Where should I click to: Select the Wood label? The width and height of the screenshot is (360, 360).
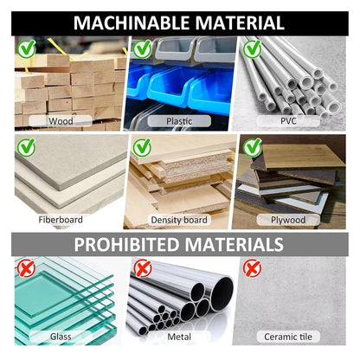click(x=61, y=121)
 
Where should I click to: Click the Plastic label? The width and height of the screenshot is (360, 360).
click(x=179, y=121)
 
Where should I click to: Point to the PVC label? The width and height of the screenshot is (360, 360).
click(x=288, y=121)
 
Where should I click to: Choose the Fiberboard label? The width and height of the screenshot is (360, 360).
click(x=61, y=220)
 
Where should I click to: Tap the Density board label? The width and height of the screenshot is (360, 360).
click(x=179, y=220)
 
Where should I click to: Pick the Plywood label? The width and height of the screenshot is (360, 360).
click(x=288, y=220)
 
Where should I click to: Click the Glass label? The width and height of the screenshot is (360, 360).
click(x=61, y=337)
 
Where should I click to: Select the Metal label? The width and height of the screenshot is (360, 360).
click(x=179, y=337)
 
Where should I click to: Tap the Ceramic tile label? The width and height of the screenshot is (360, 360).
click(x=288, y=337)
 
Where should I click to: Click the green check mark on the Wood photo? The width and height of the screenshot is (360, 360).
click(x=27, y=48)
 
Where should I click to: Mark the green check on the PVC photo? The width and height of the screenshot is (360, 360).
click(x=252, y=48)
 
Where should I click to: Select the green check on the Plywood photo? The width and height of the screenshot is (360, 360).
click(x=252, y=147)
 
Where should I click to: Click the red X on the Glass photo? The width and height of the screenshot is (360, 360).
click(x=27, y=268)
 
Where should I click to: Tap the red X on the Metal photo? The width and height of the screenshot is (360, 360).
click(x=143, y=268)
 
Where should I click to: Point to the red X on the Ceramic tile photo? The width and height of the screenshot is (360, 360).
click(x=252, y=268)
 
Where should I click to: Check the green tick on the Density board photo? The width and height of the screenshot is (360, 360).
click(x=142, y=147)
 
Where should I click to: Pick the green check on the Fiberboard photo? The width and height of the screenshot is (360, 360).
click(x=27, y=147)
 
